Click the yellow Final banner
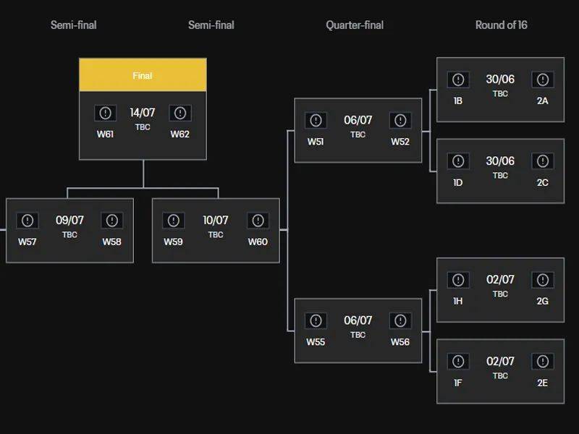(x=143, y=75)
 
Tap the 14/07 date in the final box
(x=143, y=113)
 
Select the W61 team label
(x=105, y=134)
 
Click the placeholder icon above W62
(x=180, y=113)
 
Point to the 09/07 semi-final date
(x=69, y=221)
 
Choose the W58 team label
(x=112, y=242)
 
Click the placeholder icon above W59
(x=174, y=221)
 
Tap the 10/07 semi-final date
(x=216, y=221)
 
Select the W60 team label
(x=258, y=242)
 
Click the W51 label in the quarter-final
(x=316, y=142)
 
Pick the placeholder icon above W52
(x=400, y=120)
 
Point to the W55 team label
(x=316, y=342)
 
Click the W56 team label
(x=400, y=342)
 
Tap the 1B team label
(x=458, y=101)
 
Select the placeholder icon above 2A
(x=543, y=80)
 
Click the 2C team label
(x=543, y=183)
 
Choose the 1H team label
(x=458, y=301)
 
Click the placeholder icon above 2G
(x=543, y=280)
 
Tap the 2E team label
(x=543, y=383)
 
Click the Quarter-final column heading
(x=355, y=25)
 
